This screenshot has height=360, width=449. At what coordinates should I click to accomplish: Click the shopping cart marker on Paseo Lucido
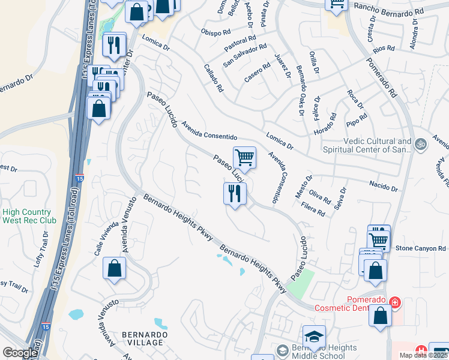click(244, 158)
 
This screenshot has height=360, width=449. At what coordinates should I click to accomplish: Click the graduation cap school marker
click(314, 337)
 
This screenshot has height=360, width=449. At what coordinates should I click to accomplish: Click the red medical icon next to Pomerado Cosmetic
click(394, 301)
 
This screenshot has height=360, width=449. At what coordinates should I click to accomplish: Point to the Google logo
click(20, 353)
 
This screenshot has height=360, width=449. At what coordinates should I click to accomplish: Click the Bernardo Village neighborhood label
click(143, 338)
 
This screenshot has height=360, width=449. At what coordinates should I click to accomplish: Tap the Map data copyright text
click(424, 355)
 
